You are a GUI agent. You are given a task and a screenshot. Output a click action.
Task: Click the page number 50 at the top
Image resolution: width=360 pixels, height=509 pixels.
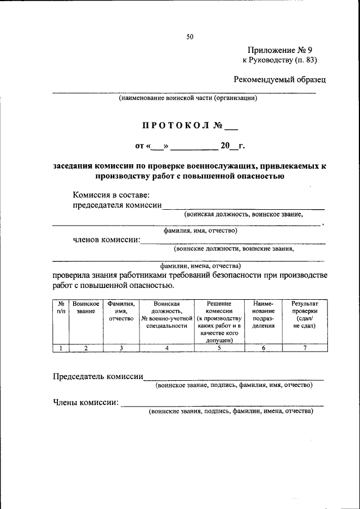[x=190, y=37]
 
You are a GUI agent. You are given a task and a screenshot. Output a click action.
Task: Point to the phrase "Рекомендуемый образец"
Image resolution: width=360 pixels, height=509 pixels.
[x=280, y=79]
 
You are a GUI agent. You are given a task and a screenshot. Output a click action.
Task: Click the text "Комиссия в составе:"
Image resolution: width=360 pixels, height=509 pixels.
[x=111, y=195]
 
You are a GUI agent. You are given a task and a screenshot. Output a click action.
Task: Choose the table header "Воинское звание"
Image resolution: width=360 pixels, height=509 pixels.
[x=86, y=307]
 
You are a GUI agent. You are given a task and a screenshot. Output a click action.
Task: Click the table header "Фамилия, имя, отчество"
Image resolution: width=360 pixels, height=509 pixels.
[x=121, y=311]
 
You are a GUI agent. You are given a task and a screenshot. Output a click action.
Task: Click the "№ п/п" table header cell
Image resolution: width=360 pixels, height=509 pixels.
[x=60, y=307]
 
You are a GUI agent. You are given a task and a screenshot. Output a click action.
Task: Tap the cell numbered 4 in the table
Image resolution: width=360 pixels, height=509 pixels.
[x=166, y=348]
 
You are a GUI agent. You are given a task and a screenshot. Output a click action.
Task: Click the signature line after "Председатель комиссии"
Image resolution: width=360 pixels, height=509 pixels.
[x=233, y=378]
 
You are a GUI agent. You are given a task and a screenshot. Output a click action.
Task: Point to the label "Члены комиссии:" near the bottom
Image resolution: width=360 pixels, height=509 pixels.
[x=85, y=402]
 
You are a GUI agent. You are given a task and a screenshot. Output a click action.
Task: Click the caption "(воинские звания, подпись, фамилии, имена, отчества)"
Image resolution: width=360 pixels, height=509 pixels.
[x=230, y=411]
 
